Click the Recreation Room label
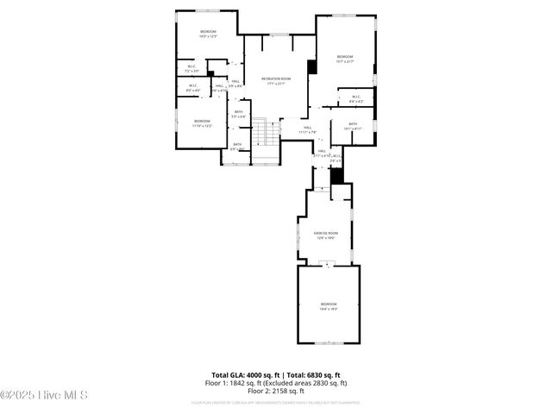coord(276,79)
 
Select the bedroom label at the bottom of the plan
coord(329,305)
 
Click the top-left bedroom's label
coord(208,34)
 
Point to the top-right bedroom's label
coord(345,58)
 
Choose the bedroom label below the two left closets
coord(202,122)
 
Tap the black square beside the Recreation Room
coord(312,66)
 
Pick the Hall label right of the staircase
coord(308,130)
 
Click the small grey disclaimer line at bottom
coord(276,403)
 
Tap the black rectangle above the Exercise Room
coord(337,175)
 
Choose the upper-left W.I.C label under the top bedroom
coord(191,69)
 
